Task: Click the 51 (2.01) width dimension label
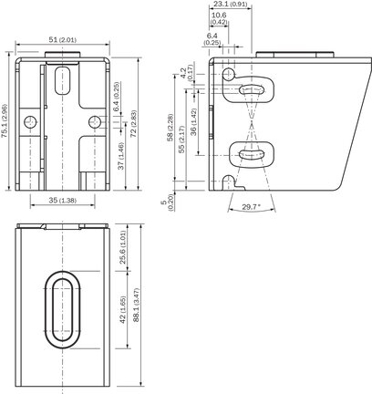click(63, 39)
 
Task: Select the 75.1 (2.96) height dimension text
click(5, 121)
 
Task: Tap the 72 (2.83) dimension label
click(134, 124)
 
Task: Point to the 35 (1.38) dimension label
click(63, 201)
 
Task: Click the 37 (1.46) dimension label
click(120, 156)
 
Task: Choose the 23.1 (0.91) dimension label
click(231, 5)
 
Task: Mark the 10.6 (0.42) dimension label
click(219, 18)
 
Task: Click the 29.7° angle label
click(252, 207)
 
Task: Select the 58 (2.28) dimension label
click(170, 128)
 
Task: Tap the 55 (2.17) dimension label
click(181, 140)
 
